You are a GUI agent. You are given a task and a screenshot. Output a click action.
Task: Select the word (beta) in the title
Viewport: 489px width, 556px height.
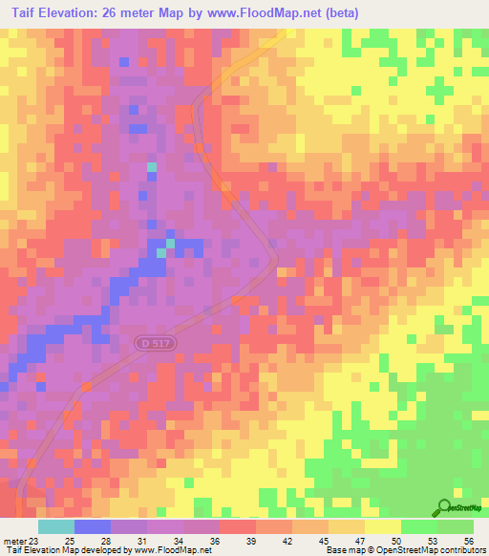pyautogui.click(x=346, y=13)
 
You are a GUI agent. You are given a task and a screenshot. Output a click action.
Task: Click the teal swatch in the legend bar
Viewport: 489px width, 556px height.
pyautogui.click(x=56, y=527)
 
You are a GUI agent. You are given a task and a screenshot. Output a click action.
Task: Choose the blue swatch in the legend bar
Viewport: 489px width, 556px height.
pyautogui.click(x=93, y=527)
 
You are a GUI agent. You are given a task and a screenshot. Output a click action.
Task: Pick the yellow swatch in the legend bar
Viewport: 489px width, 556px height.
pyautogui.click(x=382, y=527)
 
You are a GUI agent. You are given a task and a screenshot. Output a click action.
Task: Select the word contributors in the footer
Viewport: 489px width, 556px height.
pyautogui.click(x=457, y=549)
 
